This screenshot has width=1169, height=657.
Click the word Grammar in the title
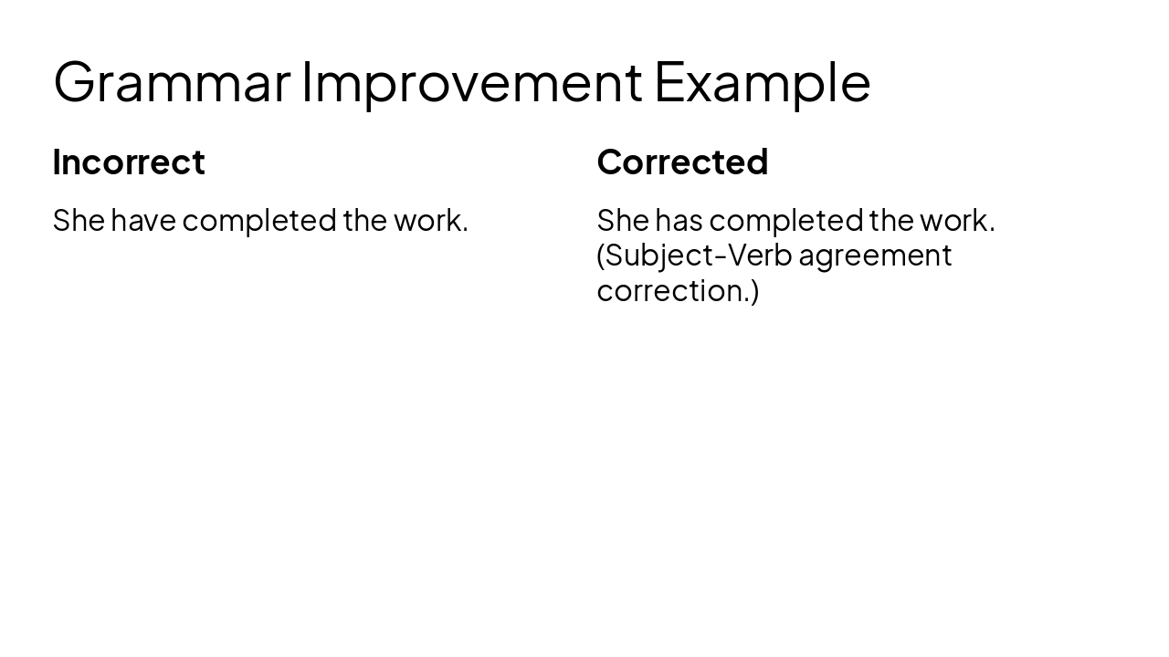(x=172, y=82)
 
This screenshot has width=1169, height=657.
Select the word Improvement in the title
(x=471, y=82)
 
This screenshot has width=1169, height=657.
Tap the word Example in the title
(x=762, y=82)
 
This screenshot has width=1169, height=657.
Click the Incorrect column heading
(x=129, y=162)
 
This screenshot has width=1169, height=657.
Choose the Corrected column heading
(x=682, y=162)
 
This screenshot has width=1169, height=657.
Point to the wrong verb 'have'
(x=143, y=220)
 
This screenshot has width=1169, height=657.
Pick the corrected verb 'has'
(x=679, y=220)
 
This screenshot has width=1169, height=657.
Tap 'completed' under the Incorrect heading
(x=259, y=221)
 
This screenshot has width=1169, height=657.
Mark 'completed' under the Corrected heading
(x=785, y=221)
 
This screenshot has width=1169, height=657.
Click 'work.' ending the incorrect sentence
(x=430, y=220)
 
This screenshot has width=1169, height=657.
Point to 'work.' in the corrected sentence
(x=957, y=220)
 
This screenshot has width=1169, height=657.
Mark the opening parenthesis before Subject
(x=601, y=255)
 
